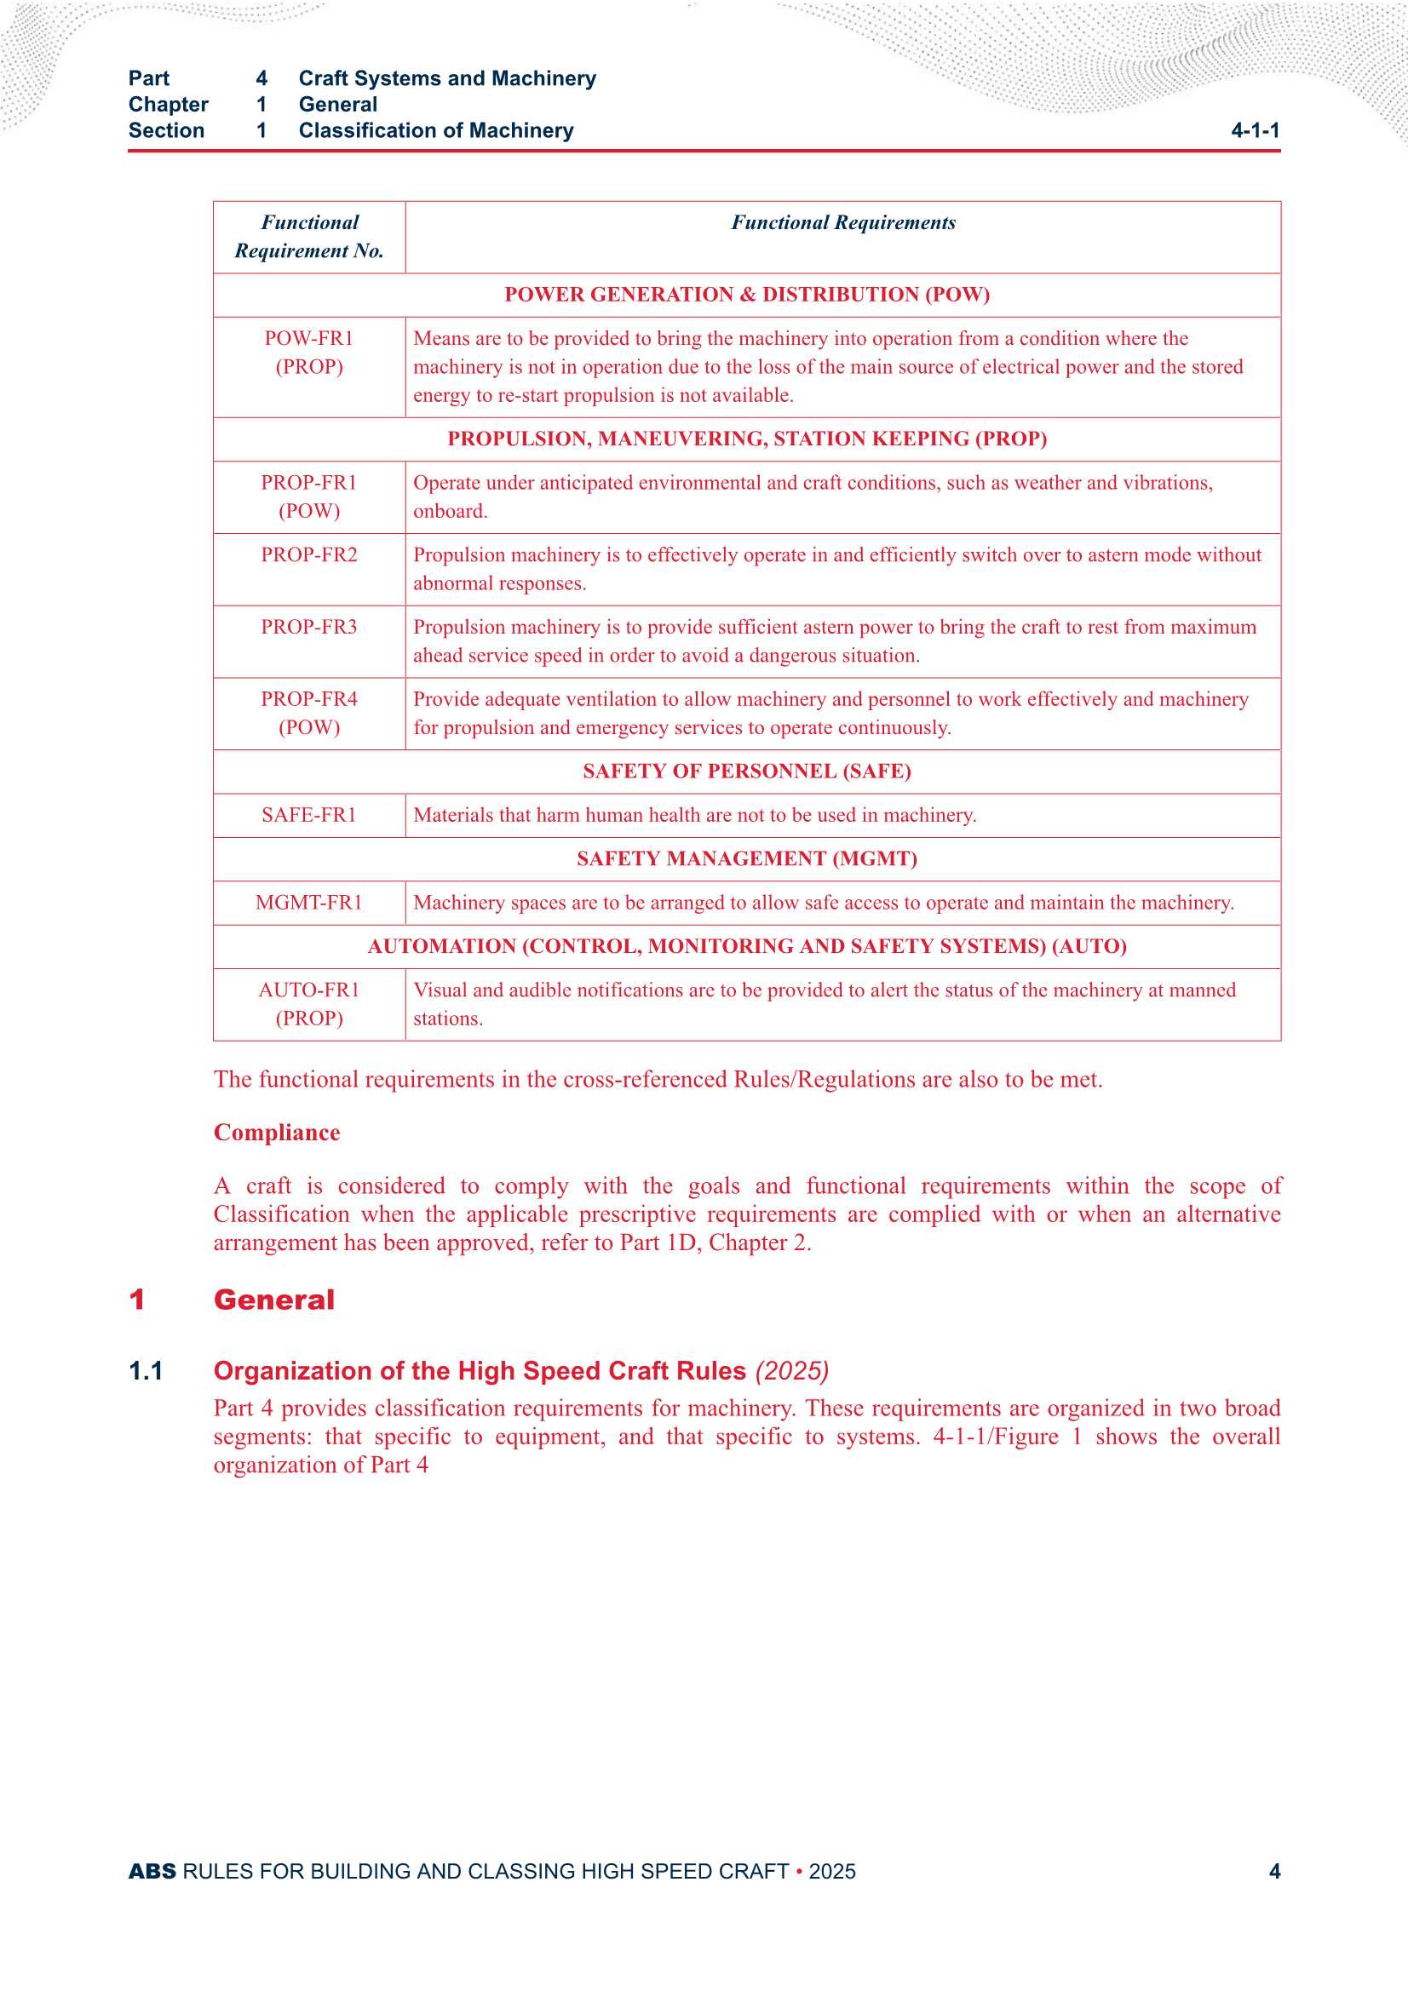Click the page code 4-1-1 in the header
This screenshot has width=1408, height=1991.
pos(1255,131)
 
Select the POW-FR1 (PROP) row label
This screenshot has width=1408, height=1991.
pos(309,352)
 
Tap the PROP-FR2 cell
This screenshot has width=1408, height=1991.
pos(309,555)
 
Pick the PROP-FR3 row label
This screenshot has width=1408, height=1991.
pos(309,627)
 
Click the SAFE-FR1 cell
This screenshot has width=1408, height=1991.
pos(309,815)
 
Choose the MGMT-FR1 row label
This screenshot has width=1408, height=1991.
pos(309,903)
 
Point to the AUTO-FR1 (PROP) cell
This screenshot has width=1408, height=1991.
pos(309,1003)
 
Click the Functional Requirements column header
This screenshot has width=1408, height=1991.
pos(842,223)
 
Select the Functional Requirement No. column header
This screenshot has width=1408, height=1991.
pos(309,237)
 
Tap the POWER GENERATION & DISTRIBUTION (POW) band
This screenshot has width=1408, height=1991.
pos(746,295)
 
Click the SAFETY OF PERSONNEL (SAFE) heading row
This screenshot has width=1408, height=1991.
pos(746,772)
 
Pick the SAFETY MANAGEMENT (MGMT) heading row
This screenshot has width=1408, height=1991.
pos(746,859)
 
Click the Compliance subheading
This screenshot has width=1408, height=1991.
pos(277,1133)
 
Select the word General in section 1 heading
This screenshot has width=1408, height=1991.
pos(274,1300)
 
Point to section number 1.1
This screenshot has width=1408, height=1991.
pos(146,1371)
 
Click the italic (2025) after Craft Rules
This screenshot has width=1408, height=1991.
pos(791,1371)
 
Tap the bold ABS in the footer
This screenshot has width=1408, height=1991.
pos(152,1871)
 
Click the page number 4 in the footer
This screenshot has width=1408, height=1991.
pos(1273,1871)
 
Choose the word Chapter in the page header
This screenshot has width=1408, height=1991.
pos(169,105)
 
